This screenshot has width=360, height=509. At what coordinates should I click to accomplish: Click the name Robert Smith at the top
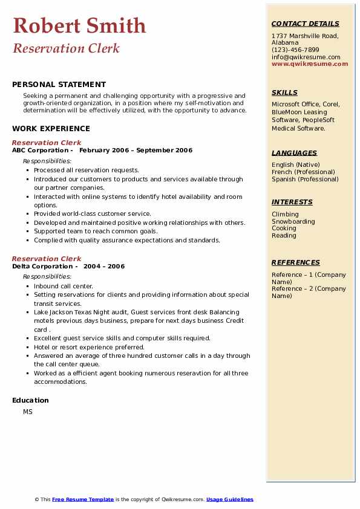click(x=79, y=25)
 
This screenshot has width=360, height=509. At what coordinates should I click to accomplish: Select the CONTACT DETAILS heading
click(x=305, y=24)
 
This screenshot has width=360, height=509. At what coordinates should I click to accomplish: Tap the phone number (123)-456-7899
click(x=295, y=50)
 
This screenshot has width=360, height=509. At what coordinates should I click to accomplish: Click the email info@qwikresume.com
click(x=306, y=57)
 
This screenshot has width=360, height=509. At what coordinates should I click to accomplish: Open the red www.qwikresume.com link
click(x=310, y=63)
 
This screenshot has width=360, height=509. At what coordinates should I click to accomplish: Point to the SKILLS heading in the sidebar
click(x=284, y=92)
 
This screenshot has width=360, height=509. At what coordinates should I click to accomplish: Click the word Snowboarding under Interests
click(x=293, y=221)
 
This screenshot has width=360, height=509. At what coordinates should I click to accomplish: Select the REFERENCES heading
click(x=296, y=262)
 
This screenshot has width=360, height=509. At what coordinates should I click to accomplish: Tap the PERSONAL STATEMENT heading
click(x=59, y=85)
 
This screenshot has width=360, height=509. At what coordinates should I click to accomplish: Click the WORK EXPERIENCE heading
click(x=51, y=128)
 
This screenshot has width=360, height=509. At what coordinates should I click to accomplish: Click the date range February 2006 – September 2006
click(x=136, y=151)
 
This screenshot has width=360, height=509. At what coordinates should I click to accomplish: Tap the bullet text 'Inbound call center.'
click(x=64, y=286)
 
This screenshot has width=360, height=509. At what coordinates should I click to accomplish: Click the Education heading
click(x=30, y=400)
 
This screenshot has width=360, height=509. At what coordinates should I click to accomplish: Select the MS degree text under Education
click(x=28, y=412)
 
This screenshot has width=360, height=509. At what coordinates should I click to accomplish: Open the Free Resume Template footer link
click(x=83, y=499)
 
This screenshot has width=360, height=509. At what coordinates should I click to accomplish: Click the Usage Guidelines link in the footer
click(x=229, y=499)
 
